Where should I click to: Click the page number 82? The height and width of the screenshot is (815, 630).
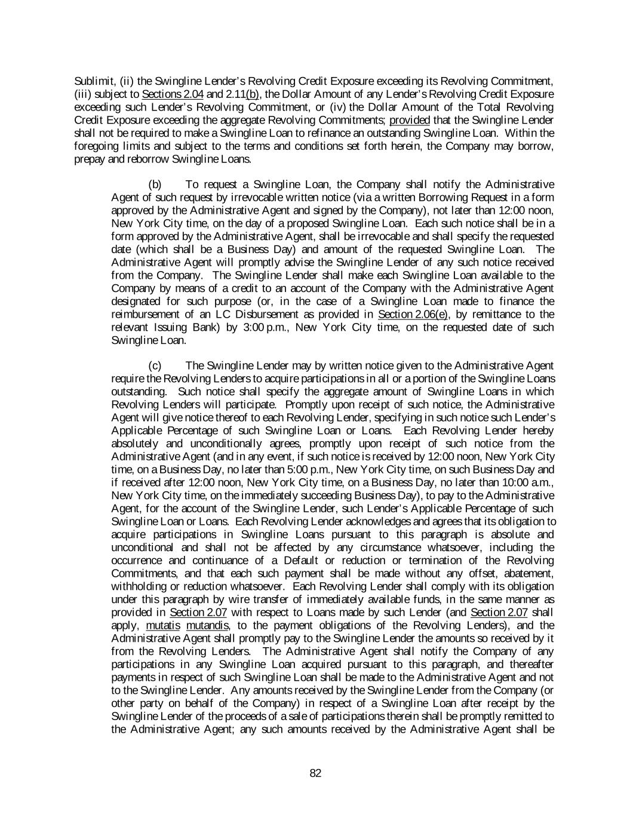coord(315,773)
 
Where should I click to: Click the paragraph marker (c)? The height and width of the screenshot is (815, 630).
coord(155,365)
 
